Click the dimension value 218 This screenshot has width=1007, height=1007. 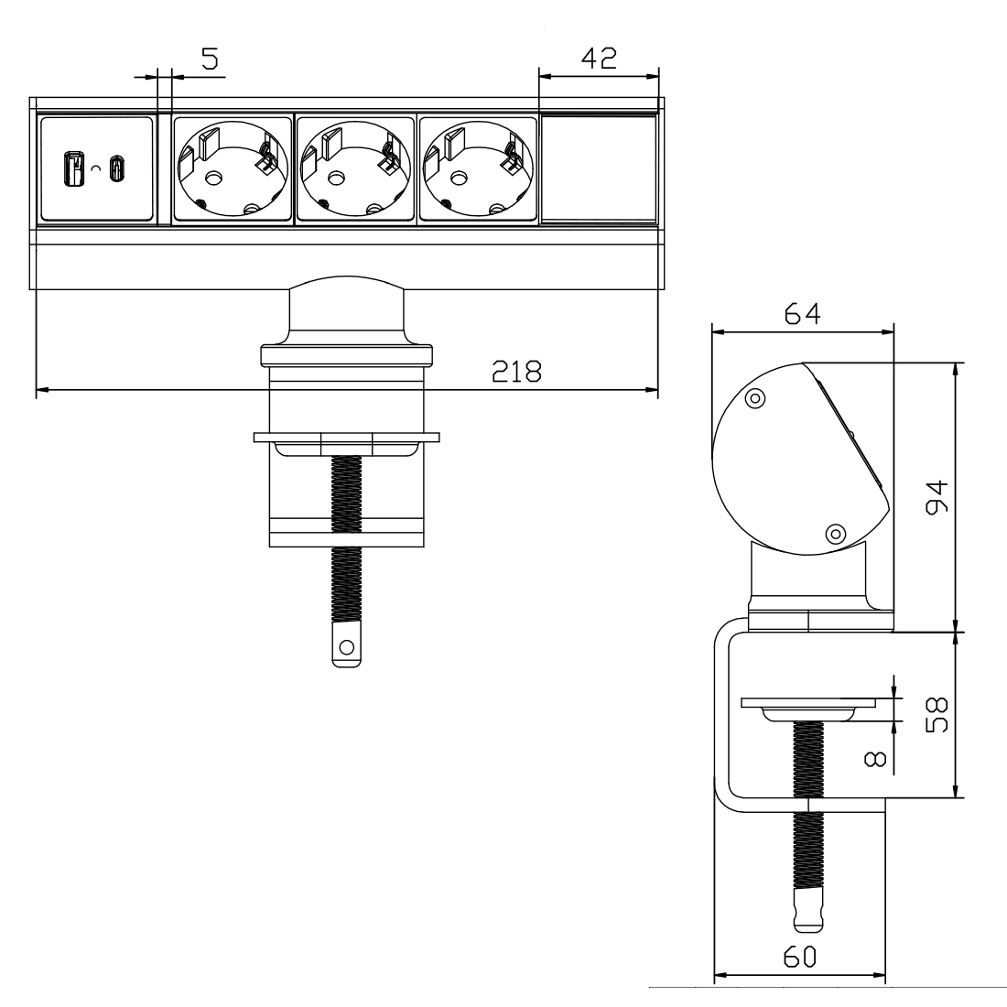516,372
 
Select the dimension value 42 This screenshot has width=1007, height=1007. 599,58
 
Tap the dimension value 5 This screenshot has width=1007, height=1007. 210,60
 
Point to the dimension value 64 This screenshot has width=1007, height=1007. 801,314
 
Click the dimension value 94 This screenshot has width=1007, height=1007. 936,496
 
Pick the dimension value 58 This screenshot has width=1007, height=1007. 936,713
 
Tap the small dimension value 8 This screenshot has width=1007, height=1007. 872,758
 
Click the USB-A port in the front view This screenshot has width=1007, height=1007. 70,168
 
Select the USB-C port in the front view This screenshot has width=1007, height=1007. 116,168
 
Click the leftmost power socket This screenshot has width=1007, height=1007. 231,169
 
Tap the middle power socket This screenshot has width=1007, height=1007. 355,169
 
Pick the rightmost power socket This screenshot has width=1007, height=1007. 477,169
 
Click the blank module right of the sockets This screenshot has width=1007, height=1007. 599,169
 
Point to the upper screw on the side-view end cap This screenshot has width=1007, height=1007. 755,398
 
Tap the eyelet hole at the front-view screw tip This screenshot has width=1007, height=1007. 346,648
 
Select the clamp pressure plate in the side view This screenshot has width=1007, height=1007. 808,707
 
